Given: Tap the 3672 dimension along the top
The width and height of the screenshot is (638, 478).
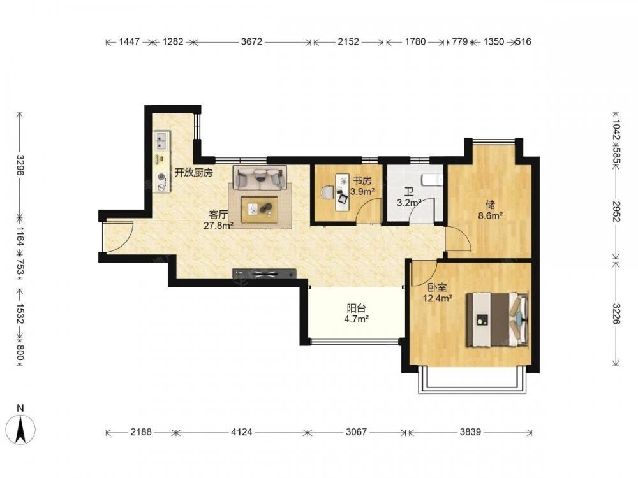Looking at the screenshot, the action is point(251,41).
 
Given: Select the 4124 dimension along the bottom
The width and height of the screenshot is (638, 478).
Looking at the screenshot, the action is point(242,431).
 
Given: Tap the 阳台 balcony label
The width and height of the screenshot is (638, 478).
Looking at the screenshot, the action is point(356,308).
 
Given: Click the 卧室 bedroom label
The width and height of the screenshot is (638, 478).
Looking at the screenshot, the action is point(438,288).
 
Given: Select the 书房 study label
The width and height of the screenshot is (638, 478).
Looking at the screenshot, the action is point(362,180).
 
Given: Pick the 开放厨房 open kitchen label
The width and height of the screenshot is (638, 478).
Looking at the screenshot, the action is point(194,173).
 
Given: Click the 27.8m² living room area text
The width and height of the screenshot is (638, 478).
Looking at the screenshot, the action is point(218,225).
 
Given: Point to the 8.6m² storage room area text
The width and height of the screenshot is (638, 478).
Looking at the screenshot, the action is point(490,216).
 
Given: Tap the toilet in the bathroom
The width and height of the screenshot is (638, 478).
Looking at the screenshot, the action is point(432,180).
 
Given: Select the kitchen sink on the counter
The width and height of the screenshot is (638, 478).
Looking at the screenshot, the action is point(162,141).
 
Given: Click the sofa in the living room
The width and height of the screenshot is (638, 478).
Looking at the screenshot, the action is point(260,178).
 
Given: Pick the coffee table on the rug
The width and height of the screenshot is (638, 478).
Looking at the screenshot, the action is point(260,210).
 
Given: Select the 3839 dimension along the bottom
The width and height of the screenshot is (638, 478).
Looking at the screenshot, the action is point(470,431).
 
